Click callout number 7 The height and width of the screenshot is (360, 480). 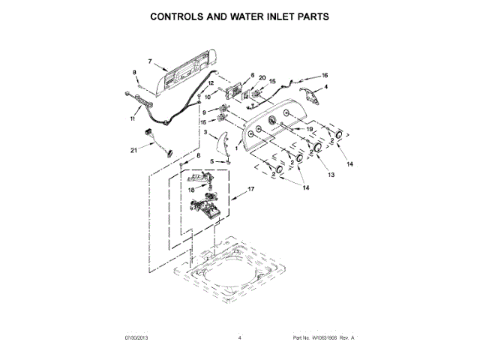tap(149, 61)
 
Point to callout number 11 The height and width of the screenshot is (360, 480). tap(133, 118)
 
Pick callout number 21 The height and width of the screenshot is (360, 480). tap(133, 151)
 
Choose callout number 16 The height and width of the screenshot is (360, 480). tap(325, 75)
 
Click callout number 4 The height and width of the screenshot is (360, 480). tap(326, 88)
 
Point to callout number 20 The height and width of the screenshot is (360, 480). tap(262, 78)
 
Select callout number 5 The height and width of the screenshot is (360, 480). tap(211, 161)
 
